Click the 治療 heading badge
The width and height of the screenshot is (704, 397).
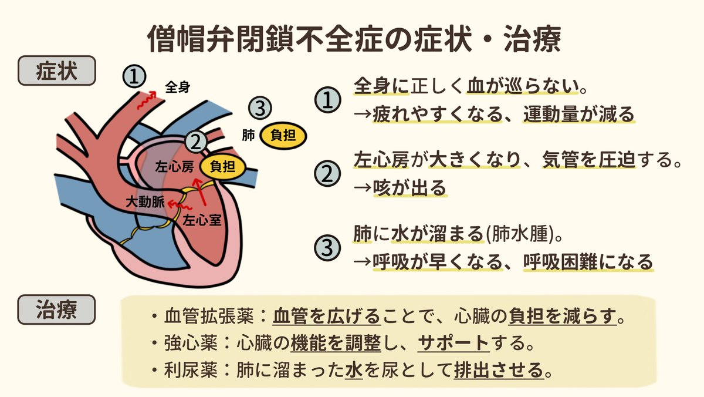pyautogui.click(x=56, y=309)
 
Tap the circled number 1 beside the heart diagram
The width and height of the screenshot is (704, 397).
pyautogui.click(x=134, y=76)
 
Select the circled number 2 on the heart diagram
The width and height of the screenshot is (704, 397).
pyautogui.click(x=196, y=142)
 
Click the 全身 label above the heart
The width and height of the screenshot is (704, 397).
pyautogui.click(x=178, y=88)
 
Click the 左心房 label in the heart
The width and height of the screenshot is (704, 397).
pyautogui.click(x=174, y=167)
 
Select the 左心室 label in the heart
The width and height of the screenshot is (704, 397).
pyautogui.click(x=201, y=221)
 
